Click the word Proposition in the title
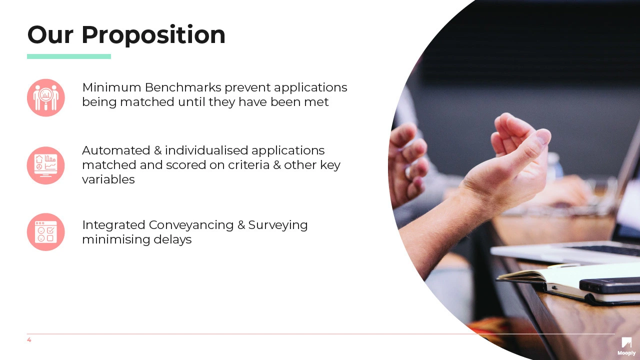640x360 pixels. [153, 35]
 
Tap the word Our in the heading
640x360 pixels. [50, 34]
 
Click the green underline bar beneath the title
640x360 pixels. [69, 56]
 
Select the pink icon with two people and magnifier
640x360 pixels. [45, 97]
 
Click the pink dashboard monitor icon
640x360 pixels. [45, 165]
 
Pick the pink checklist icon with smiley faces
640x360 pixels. [45, 232]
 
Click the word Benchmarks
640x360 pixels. [183, 87]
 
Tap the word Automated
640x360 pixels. [116, 150]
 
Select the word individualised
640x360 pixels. [206, 150]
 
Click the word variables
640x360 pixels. [108, 179]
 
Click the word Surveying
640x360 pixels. [278, 225]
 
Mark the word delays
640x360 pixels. [172, 239]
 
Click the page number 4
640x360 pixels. [29, 339]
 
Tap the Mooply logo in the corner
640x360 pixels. [626, 346]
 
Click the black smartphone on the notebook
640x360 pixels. [609, 285]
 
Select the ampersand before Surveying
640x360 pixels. [241, 225]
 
